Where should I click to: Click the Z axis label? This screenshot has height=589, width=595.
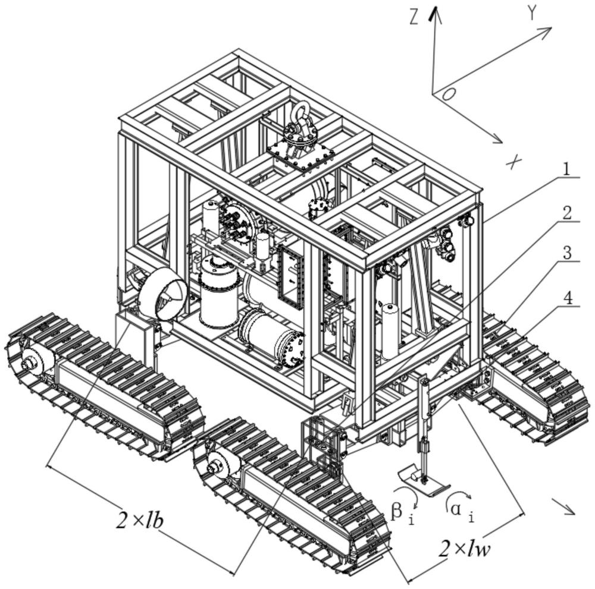tap(415, 18)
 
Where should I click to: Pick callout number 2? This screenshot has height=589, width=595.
tap(568, 212)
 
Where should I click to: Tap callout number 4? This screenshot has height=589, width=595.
tap(569, 298)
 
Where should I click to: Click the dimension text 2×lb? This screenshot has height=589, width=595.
tap(140, 521)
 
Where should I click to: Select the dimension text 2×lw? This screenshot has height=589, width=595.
tap(465, 548)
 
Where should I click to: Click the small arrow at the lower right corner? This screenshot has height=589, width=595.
tap(565, 507)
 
